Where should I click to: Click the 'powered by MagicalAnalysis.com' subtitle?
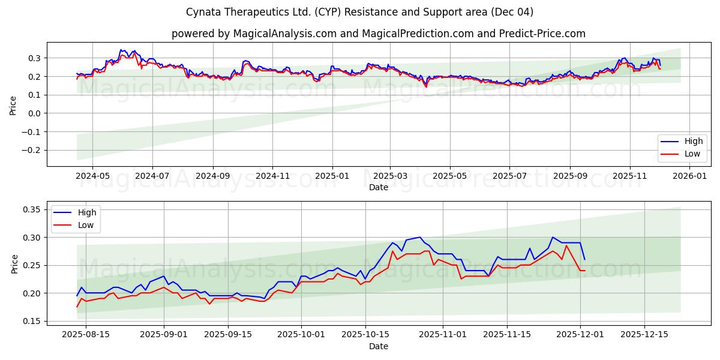378,34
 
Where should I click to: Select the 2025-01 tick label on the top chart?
331,176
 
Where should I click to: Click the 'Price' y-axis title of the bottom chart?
15,263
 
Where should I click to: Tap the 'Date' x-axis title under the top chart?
378,187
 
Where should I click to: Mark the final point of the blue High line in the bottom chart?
584,259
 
